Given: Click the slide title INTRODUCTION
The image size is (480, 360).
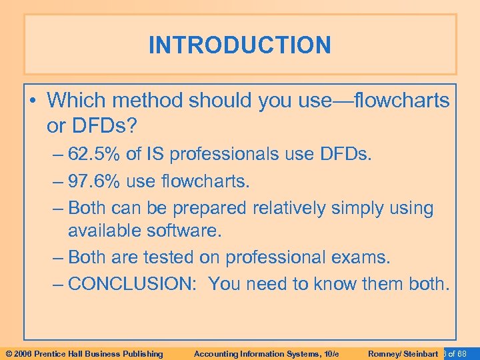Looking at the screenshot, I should [x=239, y=45].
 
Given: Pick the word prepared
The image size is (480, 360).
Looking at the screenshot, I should [x=209, y=208].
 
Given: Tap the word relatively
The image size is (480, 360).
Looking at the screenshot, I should [x=290, y=208].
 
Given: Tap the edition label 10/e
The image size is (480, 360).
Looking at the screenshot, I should [x=331, y=353].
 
